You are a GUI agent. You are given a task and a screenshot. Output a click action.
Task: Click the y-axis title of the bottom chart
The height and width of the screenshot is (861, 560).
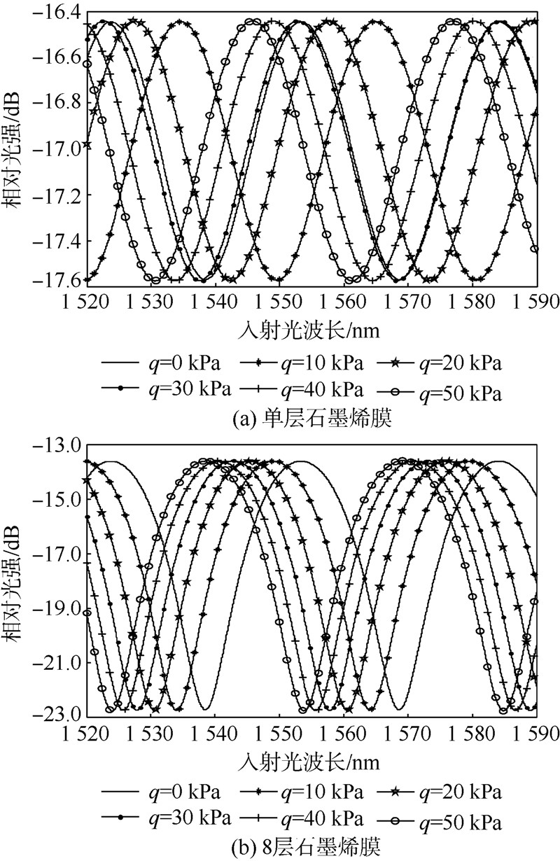point(16,581)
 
